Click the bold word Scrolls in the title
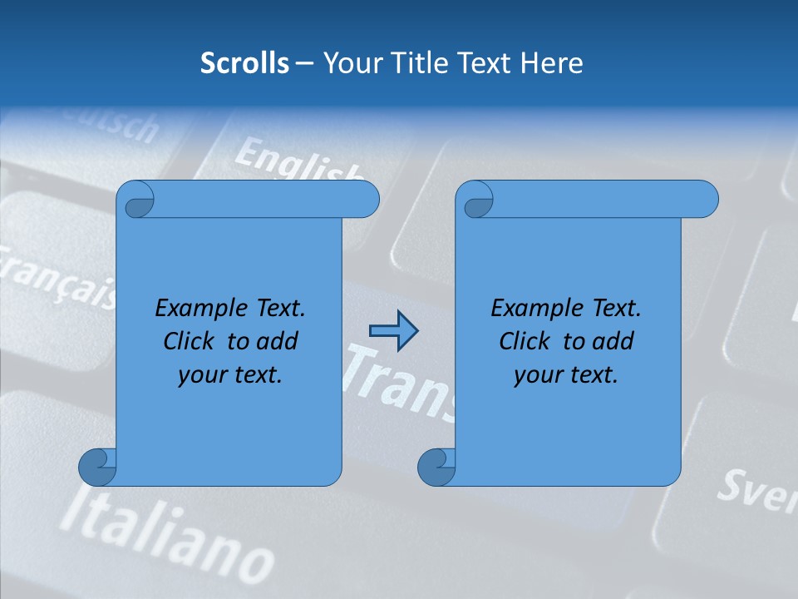[x=244, y=63]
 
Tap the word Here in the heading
[x=552, y=63]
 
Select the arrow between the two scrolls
[x=393, y=331]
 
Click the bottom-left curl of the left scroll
[x=97, y=466]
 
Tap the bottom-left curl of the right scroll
[x=436, y=466]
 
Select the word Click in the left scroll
[x=190, y=341]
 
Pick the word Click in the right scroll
[x=526, y=341]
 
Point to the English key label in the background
[x=296, y=161]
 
